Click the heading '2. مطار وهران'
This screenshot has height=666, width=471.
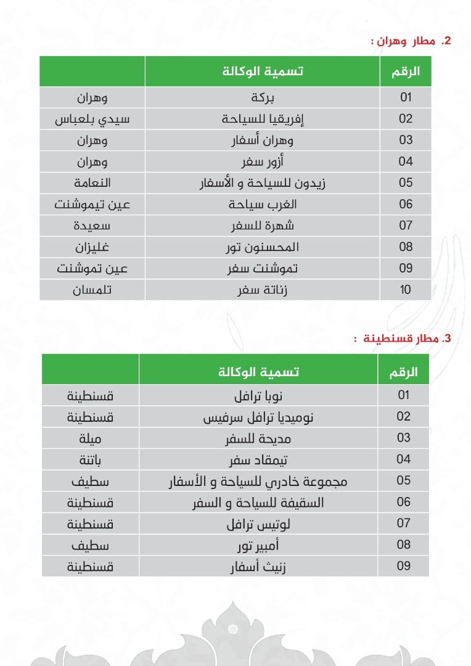tap(412, 41)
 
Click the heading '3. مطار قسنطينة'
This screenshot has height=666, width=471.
tap(408, 339)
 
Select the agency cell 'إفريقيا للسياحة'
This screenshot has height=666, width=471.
tap(263, 118)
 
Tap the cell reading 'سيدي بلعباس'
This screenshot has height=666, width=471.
tap(92, 118)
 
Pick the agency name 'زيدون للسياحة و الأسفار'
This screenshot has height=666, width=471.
tap(263, 183)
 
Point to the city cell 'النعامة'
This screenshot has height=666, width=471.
tap(92, 183)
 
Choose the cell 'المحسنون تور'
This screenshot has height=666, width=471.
tap(263, 247)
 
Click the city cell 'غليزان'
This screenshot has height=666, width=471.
tap(92, 247)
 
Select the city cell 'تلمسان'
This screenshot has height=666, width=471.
tap(92, 289)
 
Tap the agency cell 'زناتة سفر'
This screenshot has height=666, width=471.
tap(263, 289)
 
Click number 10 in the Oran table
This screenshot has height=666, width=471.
tap(405, 289)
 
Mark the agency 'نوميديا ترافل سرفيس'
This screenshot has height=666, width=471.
tap(258, 417)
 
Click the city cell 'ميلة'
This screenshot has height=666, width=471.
tap(90, 438)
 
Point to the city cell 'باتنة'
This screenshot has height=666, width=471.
tap(90, 459)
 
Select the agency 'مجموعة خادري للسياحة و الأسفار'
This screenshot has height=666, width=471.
tap(258, 481)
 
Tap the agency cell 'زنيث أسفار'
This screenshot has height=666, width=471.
tap(258, 566)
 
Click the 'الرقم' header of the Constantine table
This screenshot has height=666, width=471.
tap(404, 372)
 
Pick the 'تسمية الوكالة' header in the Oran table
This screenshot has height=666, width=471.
tap(263, 71)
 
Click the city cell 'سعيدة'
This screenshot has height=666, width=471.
tap(92, 225)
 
